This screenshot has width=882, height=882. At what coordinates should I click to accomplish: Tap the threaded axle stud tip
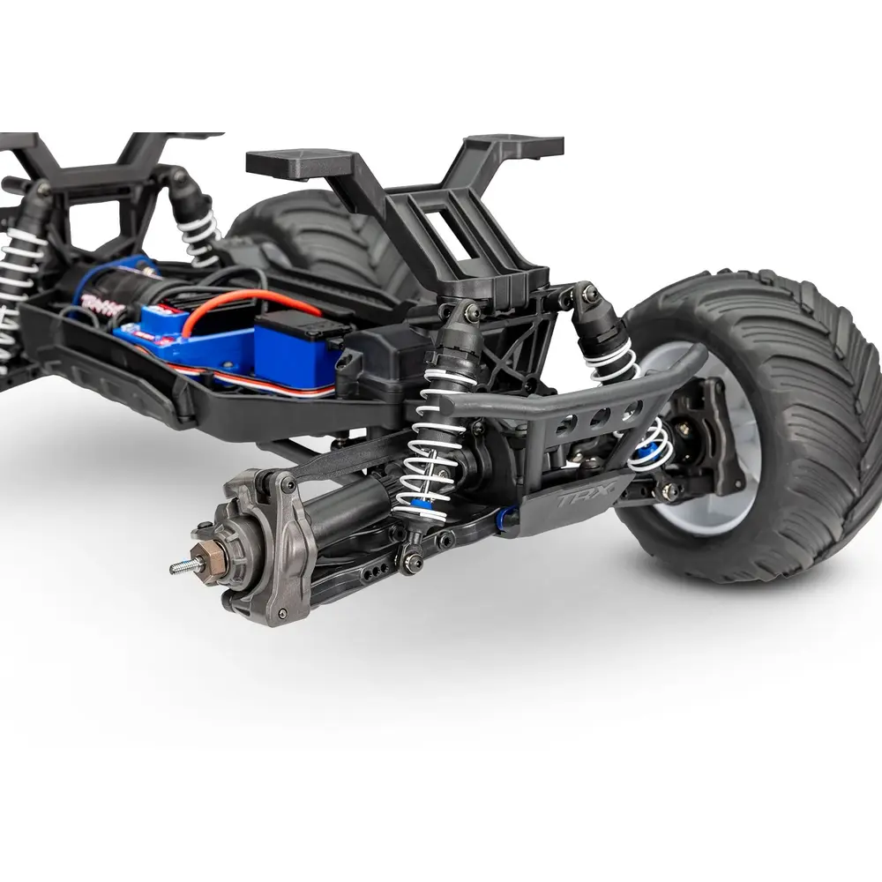(176, 568)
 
